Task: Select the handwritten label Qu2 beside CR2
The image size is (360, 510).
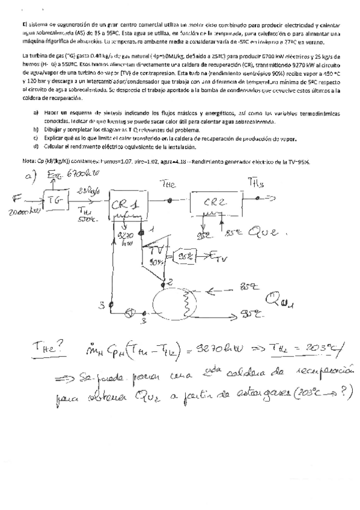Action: coord(262,230)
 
